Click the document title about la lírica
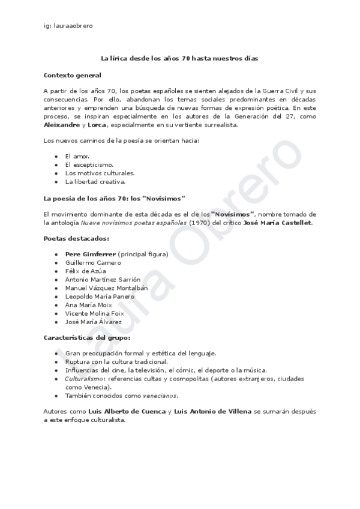(179, 59)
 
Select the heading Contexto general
(73, 75)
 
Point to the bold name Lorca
(97, 125)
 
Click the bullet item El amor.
(77, 155)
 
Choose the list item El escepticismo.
(89, 164)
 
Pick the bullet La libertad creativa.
(95, 181)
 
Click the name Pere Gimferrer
(90, 254)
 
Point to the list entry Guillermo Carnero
(93, 262)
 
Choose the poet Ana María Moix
(88, 305)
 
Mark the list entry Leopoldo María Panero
(100, 297)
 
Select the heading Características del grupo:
(87, 338)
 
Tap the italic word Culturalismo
(83, 379)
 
